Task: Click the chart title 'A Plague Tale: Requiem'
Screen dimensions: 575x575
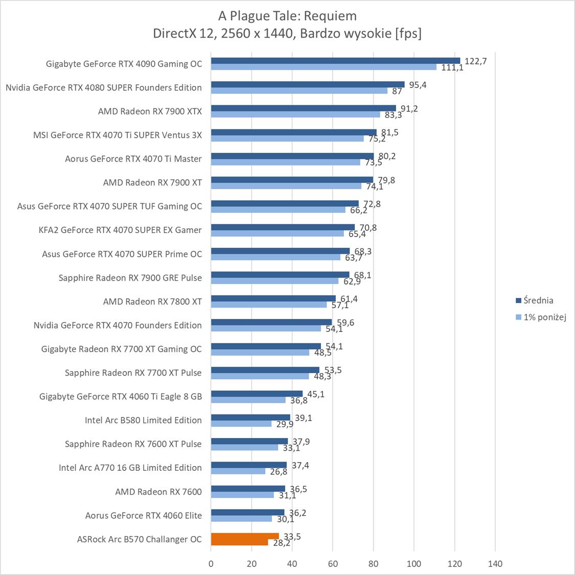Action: pyautogui.click(x=287, y=16)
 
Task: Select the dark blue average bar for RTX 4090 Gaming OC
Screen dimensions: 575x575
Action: pyautogui.click(x=335, y=61)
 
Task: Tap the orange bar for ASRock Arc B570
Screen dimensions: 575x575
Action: pyautogui.click(x=245, y=536)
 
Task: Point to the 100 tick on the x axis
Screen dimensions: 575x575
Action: pyautogui.click(x=414, y=564)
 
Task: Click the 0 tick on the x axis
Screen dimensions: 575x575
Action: pyautogui.click(x=211, y=564)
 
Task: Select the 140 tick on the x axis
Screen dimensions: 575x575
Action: pyautogui.click(x=495, y=564)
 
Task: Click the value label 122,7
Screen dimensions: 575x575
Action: pyautogui.click(x=475, y=61)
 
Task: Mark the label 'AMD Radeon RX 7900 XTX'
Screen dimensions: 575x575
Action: pyautogui.click(x=150, y=111)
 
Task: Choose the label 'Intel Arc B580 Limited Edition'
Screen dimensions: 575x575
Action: pyautogui.click(x=143, y=420)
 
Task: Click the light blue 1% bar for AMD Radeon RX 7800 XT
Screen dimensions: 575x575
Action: pyautogui.click(x=269, y=305)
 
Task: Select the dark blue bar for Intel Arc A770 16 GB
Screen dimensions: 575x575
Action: pyautogui.click(x=249, y=465)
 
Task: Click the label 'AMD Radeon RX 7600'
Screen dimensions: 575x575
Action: pyautogui.click(x=158, y=492)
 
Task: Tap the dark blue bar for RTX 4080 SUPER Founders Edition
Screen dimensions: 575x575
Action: pyautogui.click(x=308, y=84)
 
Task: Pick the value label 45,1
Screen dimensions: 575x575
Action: pyautogui.click(x=316, y=394)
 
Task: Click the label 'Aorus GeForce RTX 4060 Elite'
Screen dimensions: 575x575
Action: pyautogui.click(x=144, y=515)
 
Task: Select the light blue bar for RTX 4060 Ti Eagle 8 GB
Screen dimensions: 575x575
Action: pyautogui.click(x=248, y=400)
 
